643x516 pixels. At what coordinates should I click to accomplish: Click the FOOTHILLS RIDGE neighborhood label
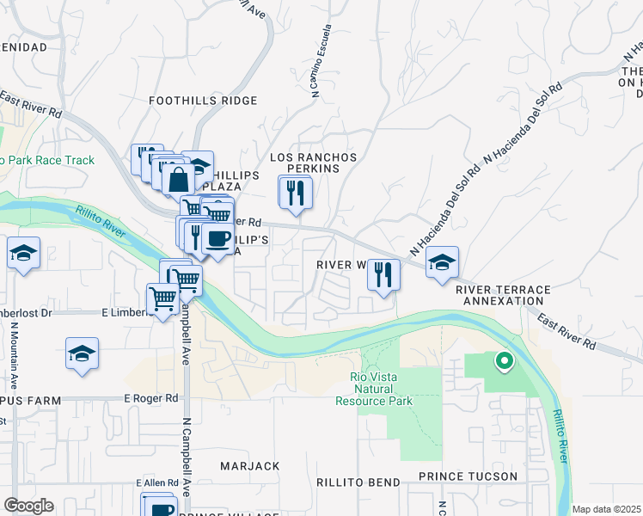(203, 101)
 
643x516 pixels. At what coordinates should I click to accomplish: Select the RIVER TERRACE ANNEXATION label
(503, 295)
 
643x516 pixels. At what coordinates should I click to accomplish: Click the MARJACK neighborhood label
(249, 466)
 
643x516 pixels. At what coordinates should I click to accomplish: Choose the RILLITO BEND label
(358, 482)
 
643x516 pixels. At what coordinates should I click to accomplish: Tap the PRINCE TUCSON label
(468, 476)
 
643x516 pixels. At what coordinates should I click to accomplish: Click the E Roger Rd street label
(150, 399)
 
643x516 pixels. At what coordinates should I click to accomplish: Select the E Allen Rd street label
(155, 483)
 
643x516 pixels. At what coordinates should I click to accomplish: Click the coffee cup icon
(217, 237)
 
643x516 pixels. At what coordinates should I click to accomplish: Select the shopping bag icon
(180, 181)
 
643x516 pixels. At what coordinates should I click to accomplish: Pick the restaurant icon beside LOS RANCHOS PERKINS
(296, 193)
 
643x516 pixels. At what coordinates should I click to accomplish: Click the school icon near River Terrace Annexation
(443, 262)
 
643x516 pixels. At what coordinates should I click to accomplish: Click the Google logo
(28, 506)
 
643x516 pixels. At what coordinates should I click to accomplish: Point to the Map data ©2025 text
(606, 509)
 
